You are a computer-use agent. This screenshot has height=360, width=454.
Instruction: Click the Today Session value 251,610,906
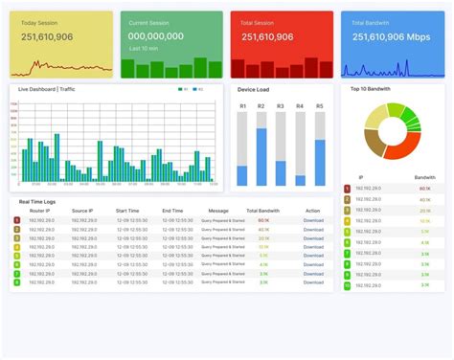click(x=47, y=37)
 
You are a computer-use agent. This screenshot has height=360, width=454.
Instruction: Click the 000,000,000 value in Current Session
click(x=157, y=36)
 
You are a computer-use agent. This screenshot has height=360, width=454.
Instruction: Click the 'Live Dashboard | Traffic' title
click(x=47, y=89)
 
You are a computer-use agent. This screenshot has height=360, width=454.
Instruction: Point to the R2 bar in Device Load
click(x=261, y=153)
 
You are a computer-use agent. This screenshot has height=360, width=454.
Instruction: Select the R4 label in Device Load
click(x=300, y=106)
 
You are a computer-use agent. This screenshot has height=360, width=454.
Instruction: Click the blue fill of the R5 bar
click(x=320, y=163)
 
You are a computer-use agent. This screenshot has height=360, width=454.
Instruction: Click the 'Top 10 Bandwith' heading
click(x=370, y=89)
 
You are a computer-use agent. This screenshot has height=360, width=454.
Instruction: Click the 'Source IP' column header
click(x=81, y=211)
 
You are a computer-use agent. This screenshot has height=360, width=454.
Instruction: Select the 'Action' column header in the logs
click(x=313, y=211)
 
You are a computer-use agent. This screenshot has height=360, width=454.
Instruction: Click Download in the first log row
click(x=313, y=220)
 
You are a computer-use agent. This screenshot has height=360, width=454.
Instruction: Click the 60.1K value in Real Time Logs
click(x=263, y=220)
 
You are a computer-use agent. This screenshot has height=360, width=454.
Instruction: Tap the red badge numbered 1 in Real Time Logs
click(x=16, y=220)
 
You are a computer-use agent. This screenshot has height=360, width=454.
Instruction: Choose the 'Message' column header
click(x=218, y=211)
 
